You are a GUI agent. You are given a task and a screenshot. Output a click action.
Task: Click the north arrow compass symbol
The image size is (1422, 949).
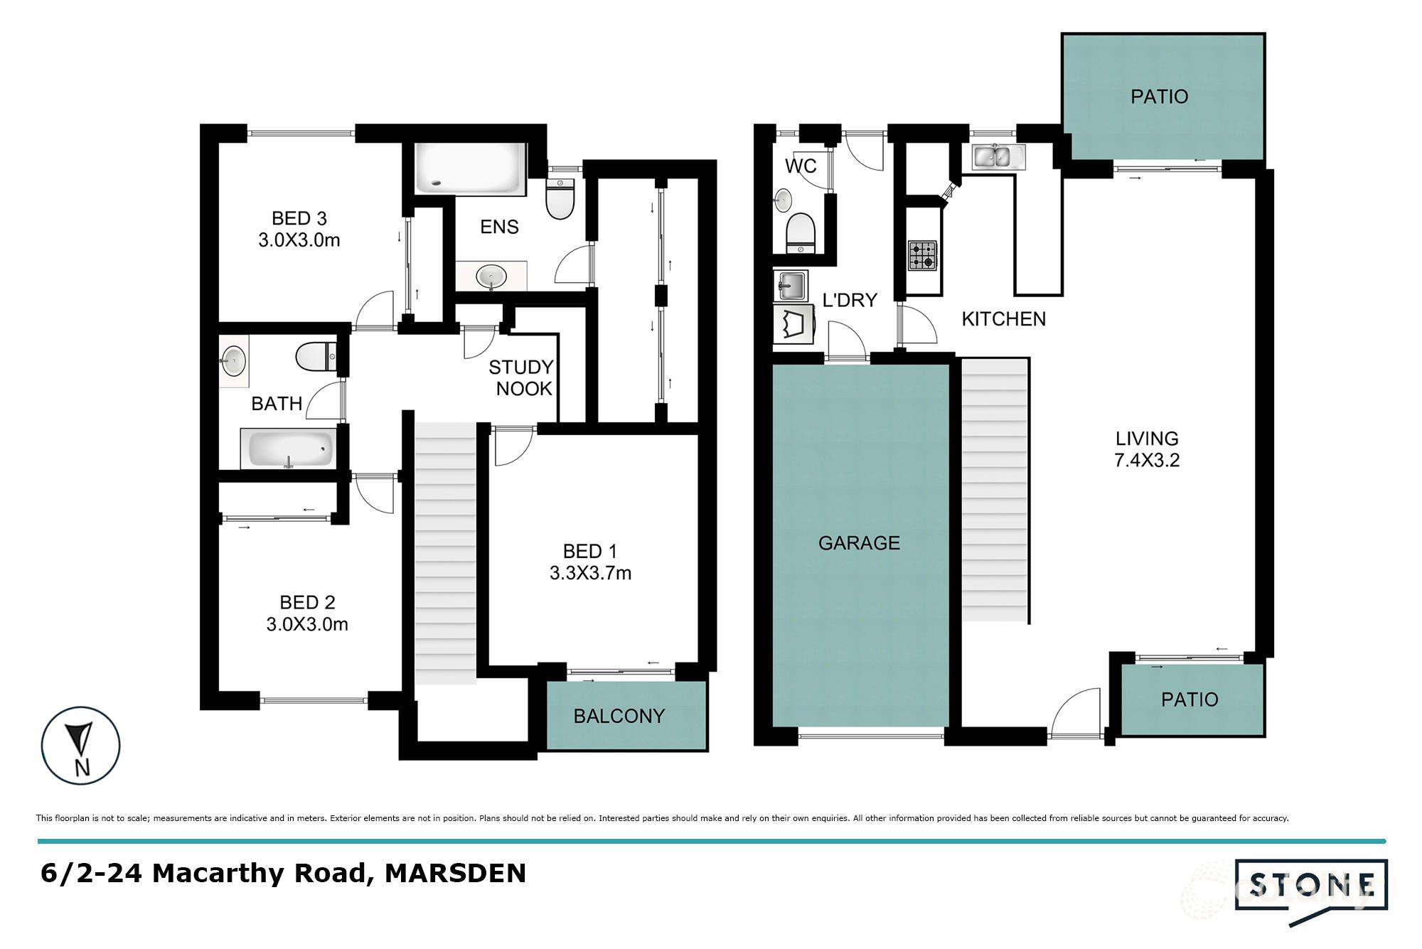point(80,745)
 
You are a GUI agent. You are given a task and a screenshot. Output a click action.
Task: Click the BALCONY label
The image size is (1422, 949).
point(619,716)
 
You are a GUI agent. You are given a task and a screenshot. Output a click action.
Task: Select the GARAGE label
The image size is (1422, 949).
point(859,543)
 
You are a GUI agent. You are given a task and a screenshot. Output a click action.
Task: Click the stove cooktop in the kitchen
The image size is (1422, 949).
point(922,256)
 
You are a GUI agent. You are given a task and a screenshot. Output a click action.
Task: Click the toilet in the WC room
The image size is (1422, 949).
point(801,232)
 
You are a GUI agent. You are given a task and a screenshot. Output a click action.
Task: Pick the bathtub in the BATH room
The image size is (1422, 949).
point(287,449)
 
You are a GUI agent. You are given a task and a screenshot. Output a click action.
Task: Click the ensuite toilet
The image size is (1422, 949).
point(560,198)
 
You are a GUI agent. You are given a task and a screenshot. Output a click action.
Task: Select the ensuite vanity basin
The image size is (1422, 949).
point(491,276)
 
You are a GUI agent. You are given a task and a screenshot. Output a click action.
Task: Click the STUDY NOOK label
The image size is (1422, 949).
point(522,377)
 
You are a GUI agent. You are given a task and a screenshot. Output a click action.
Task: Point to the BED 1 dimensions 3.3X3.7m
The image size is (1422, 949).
point(590,573)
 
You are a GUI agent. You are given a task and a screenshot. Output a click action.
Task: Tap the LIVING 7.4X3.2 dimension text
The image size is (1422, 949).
point(1146,460)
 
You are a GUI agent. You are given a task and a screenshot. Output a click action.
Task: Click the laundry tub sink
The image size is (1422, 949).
point(791,286)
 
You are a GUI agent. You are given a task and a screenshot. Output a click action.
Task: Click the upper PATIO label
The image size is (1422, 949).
point(1159,97)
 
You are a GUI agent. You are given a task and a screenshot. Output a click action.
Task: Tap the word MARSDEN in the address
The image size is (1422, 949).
point(455,873)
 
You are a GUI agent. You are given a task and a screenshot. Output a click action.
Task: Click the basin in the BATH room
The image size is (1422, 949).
point(232,360)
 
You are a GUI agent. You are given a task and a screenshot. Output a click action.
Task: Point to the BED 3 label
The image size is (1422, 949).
point(299,218)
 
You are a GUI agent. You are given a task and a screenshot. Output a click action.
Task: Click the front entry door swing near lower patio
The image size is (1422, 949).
point(1077,714)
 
